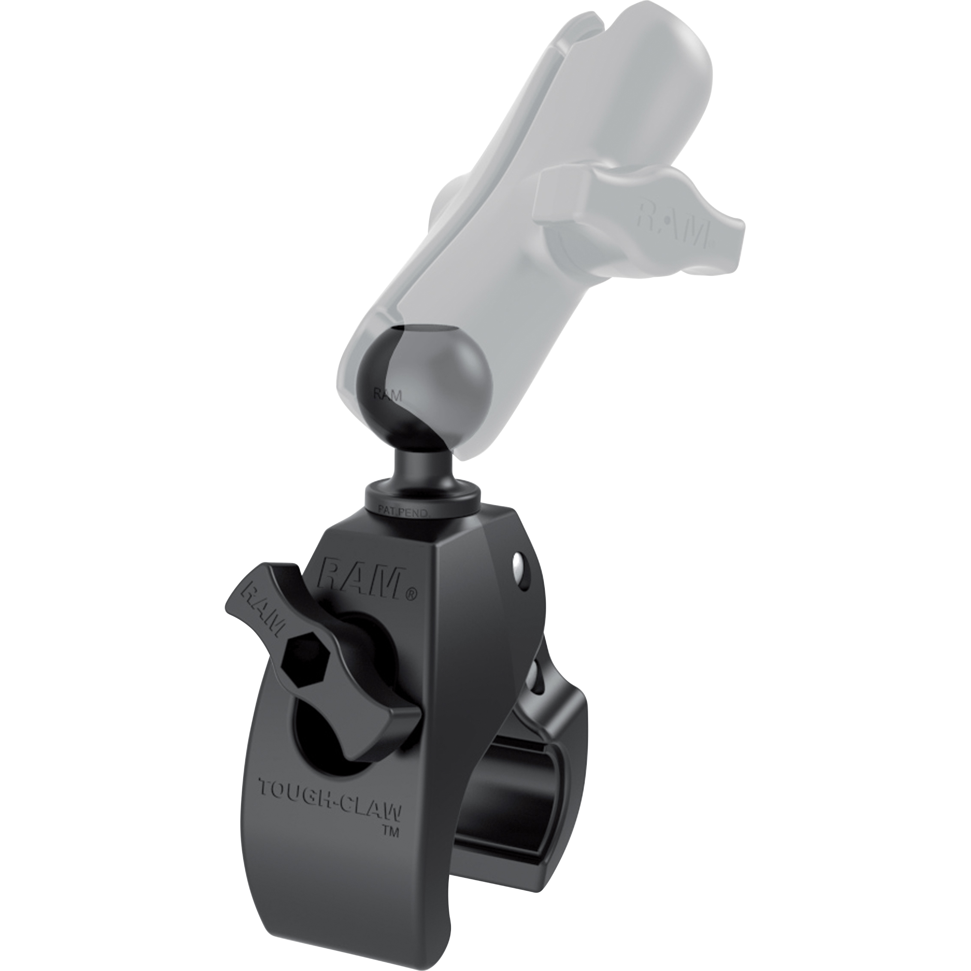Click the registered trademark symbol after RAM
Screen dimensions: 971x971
coord(411,595)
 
